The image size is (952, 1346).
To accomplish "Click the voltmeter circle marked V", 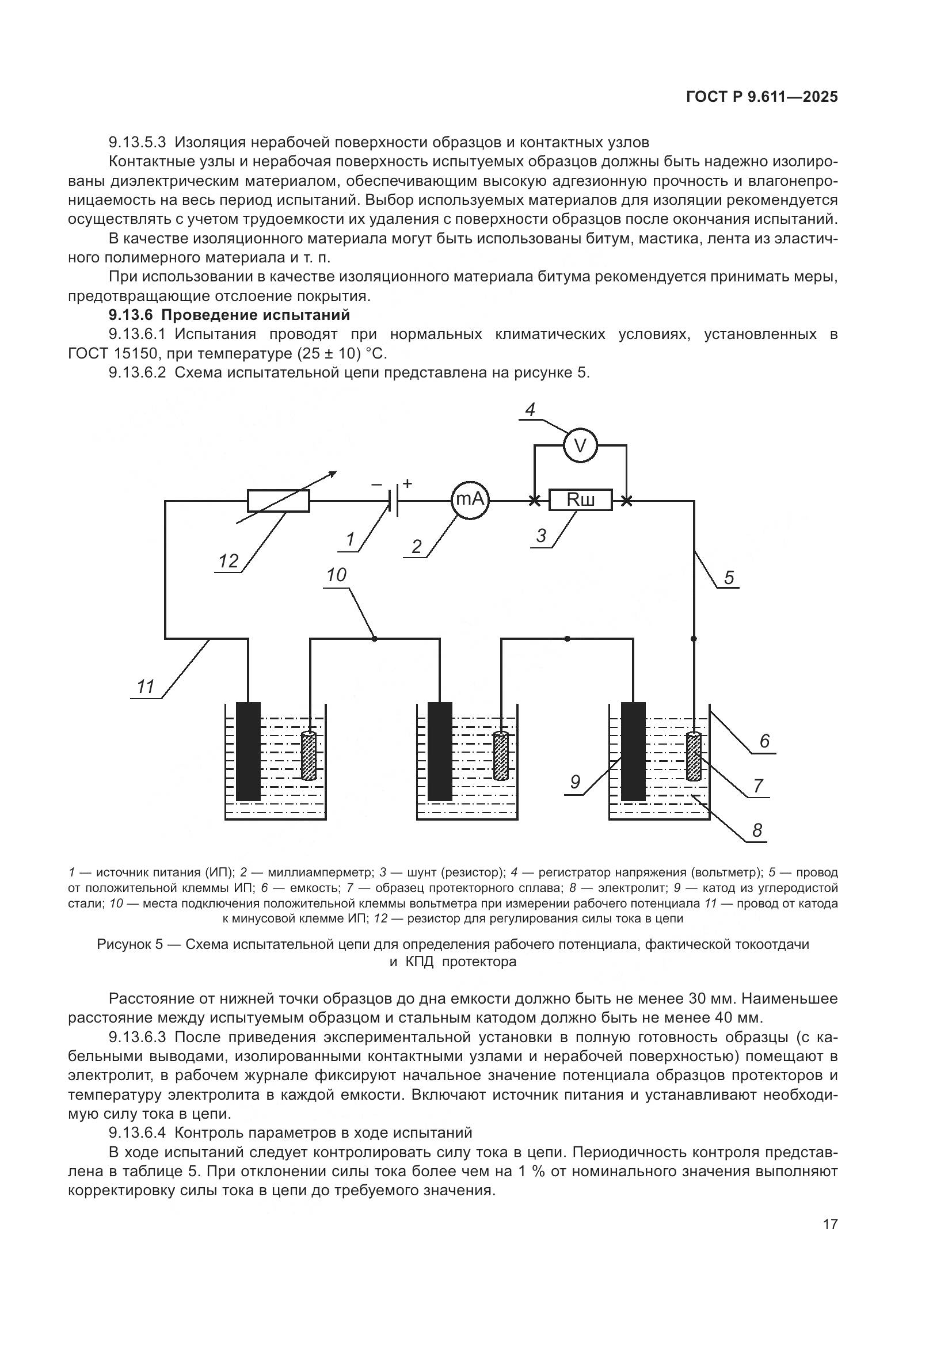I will [580, 445].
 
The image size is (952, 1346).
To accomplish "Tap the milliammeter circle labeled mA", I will [470, 500].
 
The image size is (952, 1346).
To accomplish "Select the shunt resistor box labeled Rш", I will [580, 500].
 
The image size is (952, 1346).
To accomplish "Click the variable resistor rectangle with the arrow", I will [279, 501].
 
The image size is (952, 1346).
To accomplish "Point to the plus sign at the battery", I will [408, 483].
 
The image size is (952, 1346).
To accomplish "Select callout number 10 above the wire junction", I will [337, 575].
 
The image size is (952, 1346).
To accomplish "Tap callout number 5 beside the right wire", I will [729, 577].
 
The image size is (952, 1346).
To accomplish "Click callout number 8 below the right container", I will [757, 830].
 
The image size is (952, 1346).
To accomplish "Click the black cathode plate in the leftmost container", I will [248, 751].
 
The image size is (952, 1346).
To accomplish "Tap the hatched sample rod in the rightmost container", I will [694, 756].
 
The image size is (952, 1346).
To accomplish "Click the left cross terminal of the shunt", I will [535, 501].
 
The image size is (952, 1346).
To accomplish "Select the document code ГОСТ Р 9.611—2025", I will [761, 97].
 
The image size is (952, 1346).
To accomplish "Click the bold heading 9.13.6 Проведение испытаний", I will [229, 315].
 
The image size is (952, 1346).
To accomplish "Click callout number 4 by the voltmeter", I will [530, 410].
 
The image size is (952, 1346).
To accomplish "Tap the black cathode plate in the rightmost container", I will [633, 751].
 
